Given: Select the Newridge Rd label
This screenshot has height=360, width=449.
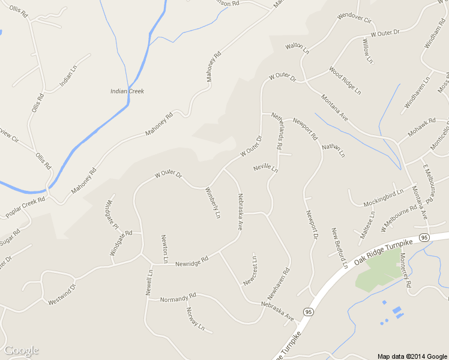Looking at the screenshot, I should click(x=191, y=262).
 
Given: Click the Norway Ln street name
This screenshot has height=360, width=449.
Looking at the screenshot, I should click(x=196, y=319).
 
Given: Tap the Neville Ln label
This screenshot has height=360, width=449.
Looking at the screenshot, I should click(x=265, y=168).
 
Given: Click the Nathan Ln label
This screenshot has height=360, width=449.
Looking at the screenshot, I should click(x=333, y=150).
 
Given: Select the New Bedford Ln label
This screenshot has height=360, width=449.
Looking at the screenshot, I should click(x=340, y=248).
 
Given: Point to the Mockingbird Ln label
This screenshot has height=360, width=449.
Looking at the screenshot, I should click(x=384, y=199).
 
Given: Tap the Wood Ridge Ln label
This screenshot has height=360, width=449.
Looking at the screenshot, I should click(x=345, y=80).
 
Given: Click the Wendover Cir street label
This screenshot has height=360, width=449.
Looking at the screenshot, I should click(x=355, y=19).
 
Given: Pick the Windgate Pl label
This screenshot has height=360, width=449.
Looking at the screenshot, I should click(x=112, y=214).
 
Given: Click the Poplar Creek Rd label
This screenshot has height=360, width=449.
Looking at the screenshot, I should click(x=25, y=208).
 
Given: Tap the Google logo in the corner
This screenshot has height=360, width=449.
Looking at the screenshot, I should click(x=21, y=350).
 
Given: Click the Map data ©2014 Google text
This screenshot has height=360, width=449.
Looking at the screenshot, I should click(x=412, y=356).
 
